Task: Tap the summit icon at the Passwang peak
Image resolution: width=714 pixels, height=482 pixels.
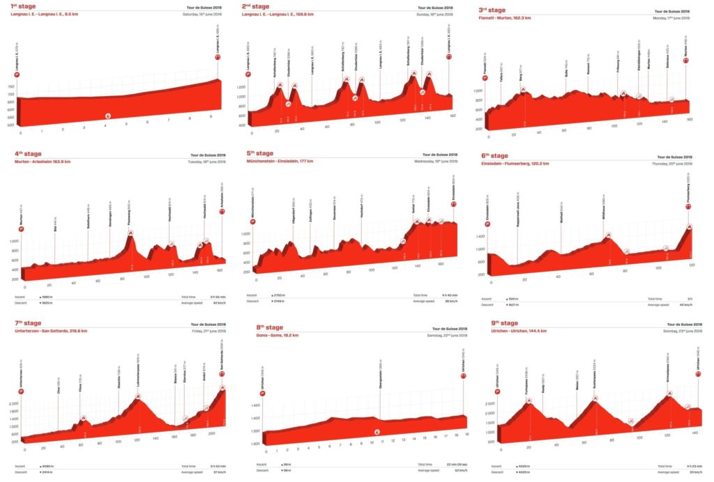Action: pos(130,232)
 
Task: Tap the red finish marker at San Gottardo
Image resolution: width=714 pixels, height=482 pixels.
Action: pos(222,374)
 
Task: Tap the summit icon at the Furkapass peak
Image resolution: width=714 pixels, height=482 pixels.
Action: pos(529,400)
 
